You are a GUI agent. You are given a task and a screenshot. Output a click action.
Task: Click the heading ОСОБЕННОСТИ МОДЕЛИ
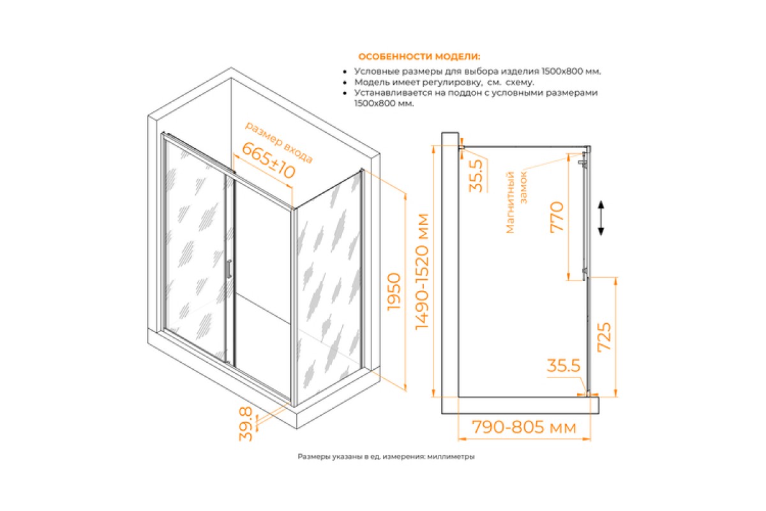coord(419,56)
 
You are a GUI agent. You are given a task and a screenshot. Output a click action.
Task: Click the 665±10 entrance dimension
coord(269,160)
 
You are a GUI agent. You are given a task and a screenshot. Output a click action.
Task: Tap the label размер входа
coord(279,142)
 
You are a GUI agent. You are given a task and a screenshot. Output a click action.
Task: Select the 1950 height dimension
coord(394,292)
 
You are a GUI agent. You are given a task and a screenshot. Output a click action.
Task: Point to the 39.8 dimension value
coord(246,423)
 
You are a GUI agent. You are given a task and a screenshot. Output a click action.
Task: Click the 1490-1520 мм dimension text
coord(422,271)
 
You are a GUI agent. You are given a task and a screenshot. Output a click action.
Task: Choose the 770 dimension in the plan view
coord(557,217)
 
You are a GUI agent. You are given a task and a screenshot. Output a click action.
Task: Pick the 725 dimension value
coord(604,337)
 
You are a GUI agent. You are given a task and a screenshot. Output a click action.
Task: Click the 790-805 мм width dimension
coord(524,427)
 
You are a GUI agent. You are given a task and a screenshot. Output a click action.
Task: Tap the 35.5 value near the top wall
coord(476,175)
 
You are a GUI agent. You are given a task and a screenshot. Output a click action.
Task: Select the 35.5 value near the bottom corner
coord(564,365)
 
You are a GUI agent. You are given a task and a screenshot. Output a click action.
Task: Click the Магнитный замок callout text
coord(516,202)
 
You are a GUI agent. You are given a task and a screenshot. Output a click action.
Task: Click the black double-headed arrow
coord(601,218)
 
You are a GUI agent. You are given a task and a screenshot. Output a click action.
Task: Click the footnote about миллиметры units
coord(386,456)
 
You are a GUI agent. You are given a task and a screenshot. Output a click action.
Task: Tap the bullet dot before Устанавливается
coord(345,93)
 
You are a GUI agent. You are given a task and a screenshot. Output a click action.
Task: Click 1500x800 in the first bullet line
coord(560,72)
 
